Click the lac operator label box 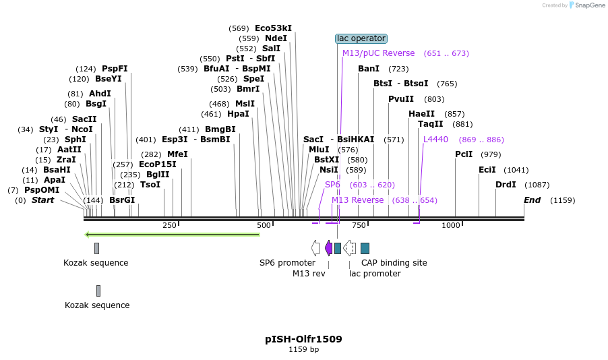(361, 38)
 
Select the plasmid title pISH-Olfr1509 (303, 339)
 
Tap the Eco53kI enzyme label (273, 28)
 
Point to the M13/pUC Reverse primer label (378, 53)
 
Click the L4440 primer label (435, 140)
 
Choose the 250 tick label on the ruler (169, 225)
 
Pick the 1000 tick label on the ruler (450, 225)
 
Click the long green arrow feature (172, 235)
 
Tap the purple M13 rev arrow (328, 248)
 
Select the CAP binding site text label (394, 263)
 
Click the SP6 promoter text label (287, 263)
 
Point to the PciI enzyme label (464, 154)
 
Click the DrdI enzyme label (506, 185)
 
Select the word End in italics (533, 200)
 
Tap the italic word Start (42, 200)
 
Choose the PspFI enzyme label (115, 69)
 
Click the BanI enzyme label (369, 69)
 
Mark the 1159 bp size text (303, 350)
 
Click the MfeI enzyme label (177, 154)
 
